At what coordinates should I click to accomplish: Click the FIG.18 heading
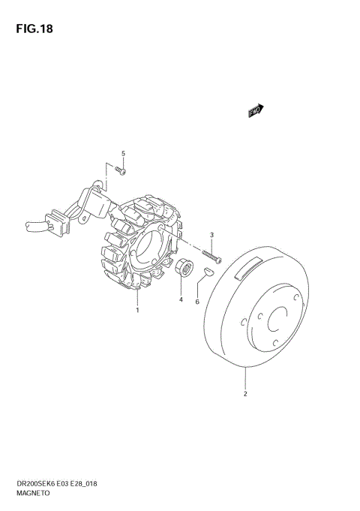[x=34, y=29]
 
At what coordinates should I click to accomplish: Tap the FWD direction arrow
[x=256, y=110]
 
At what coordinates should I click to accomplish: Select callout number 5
[x=123, y=154]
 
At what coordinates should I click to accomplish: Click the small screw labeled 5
[x=120, y=170]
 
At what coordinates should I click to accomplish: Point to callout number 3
[x=211, y=235]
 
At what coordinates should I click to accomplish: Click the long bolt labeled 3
[x=211, y=256]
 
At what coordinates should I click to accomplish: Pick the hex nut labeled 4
[x=184, y=267]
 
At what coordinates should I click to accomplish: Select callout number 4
[x=181, y=299]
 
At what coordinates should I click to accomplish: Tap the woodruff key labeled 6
[x=208, y=271]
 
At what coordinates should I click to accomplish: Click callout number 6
[x=197, y=302]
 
